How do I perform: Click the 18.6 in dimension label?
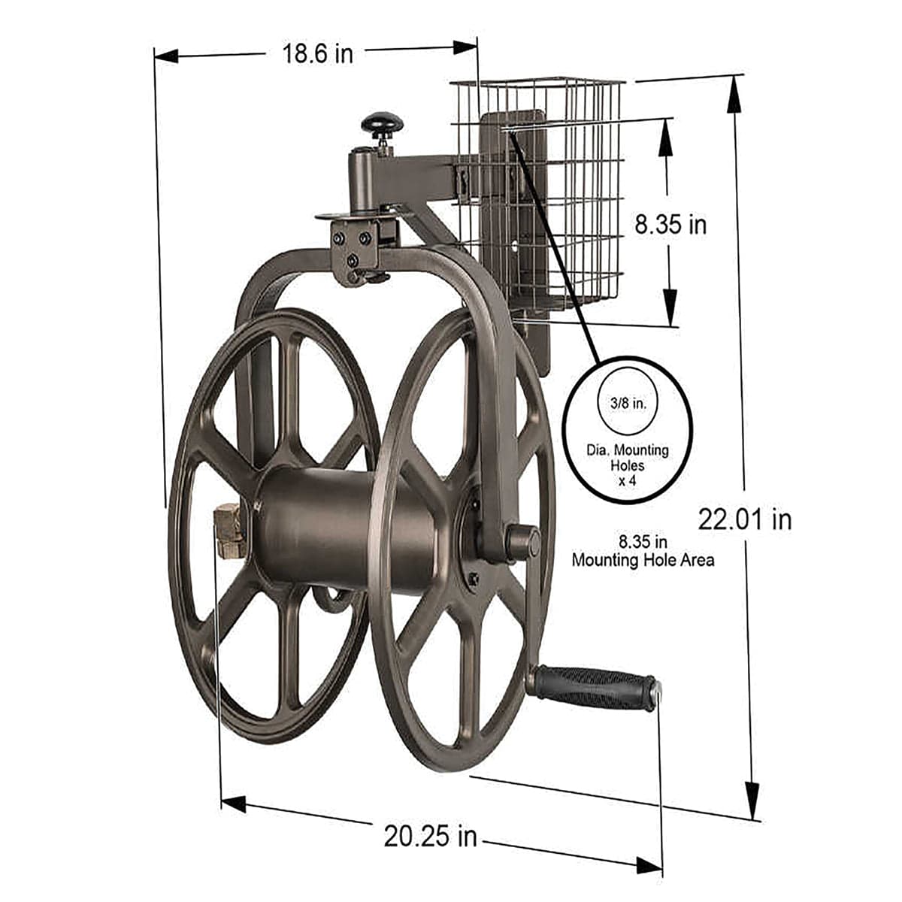[x=317, y=53]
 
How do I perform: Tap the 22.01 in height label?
[x=744, y=519]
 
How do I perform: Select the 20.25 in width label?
[x=430, y=836]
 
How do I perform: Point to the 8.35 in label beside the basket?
[x=670, y=224]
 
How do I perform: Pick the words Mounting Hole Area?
[x=643, y=560]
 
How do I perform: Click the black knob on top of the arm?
[x=382, y=123]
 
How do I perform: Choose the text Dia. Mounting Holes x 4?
[x=627, y=464]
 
